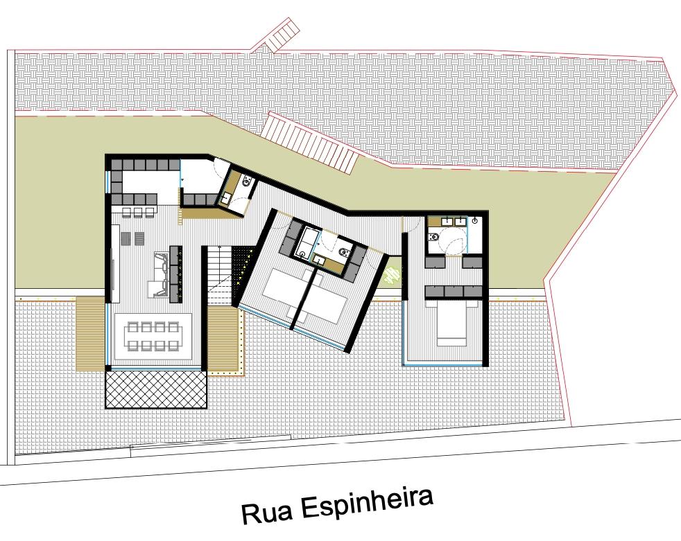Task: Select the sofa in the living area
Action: [x=161, y=275]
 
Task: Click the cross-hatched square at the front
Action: [x=156, y=389]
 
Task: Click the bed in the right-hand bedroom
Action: [x=451, y=323]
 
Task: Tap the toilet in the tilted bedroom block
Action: [x=343, y=251]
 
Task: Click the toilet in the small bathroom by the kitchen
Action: [x=247, y=181]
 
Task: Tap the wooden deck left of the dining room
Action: [x=90, y=334]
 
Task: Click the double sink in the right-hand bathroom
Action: [x=454, y=222]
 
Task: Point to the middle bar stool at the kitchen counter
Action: [x=138, y=212]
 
